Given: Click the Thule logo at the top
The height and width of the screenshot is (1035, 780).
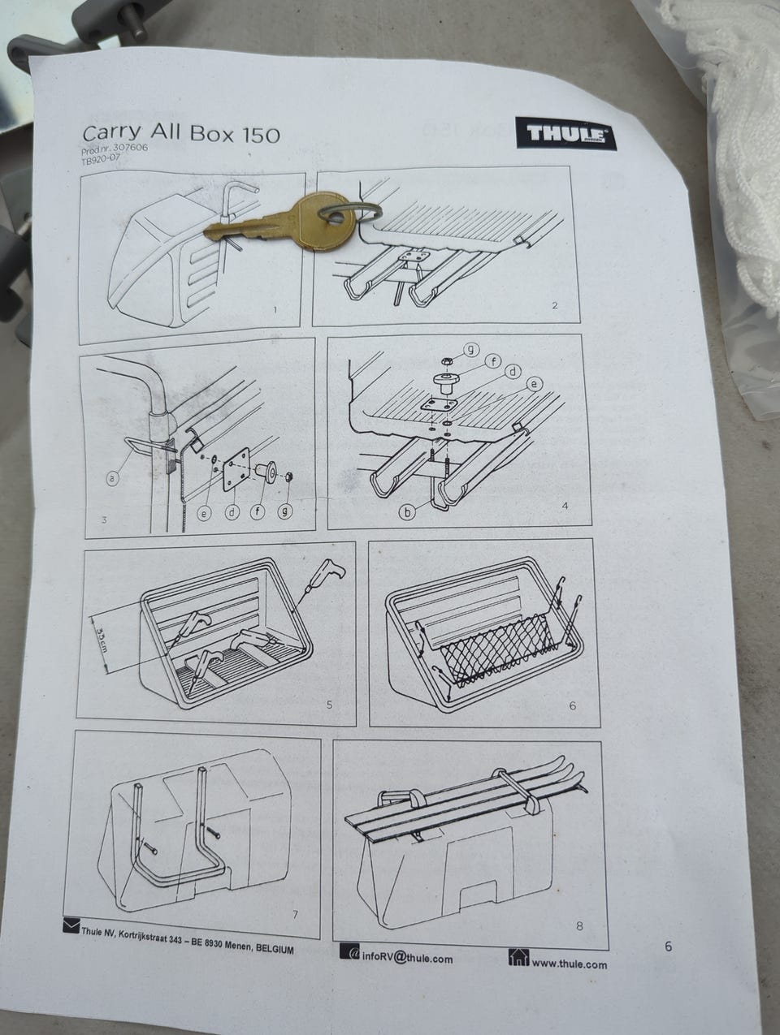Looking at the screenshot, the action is click(x=565, y=134).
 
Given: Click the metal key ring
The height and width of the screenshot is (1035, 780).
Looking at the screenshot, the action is click(x=350, y=211).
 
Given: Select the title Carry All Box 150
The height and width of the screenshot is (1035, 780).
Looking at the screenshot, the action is click(x=181, y=134).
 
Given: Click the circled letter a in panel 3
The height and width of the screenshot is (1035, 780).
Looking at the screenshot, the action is click(x=112, y=479).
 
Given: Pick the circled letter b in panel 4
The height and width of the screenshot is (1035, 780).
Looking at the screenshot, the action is click(x=407, y=512).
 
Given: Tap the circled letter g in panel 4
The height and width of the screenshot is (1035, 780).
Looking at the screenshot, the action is click(x=470, y=349).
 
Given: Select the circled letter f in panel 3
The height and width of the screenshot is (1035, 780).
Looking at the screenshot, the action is click(x=258, y=512).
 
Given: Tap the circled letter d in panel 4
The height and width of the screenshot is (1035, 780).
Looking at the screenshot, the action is click(x=513, y=372).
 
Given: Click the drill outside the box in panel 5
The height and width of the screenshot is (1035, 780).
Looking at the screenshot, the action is click(x=320, y=579).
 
